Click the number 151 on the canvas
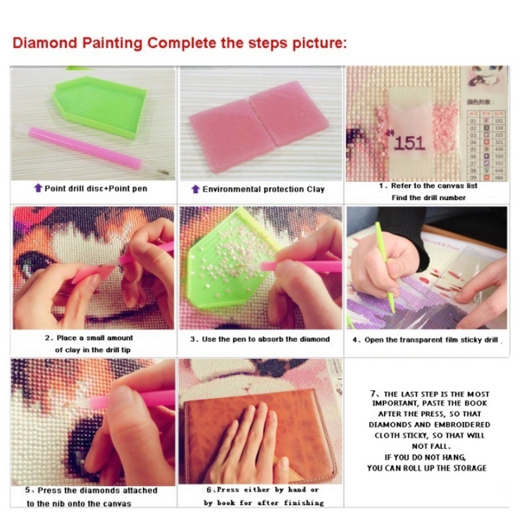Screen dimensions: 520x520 click(409, 142)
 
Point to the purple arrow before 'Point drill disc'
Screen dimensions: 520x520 click(38, 188)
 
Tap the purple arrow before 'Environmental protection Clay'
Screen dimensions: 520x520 click(195, 189)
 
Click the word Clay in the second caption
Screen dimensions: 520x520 click(315, 189)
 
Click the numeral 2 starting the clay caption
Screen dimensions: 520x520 click(47, 338)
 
